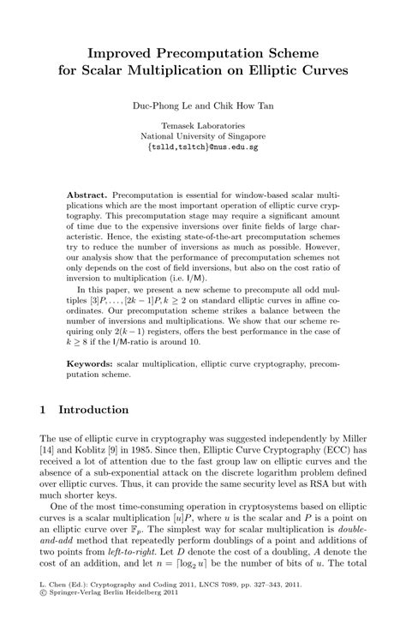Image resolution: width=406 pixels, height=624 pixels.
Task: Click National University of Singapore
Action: tap(203, 135)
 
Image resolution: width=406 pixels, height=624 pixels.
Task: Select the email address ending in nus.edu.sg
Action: tap(203, 147)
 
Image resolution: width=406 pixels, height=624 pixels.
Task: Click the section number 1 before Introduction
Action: tap(44, 411)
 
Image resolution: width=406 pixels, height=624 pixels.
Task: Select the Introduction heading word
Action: tap(94, 411)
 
